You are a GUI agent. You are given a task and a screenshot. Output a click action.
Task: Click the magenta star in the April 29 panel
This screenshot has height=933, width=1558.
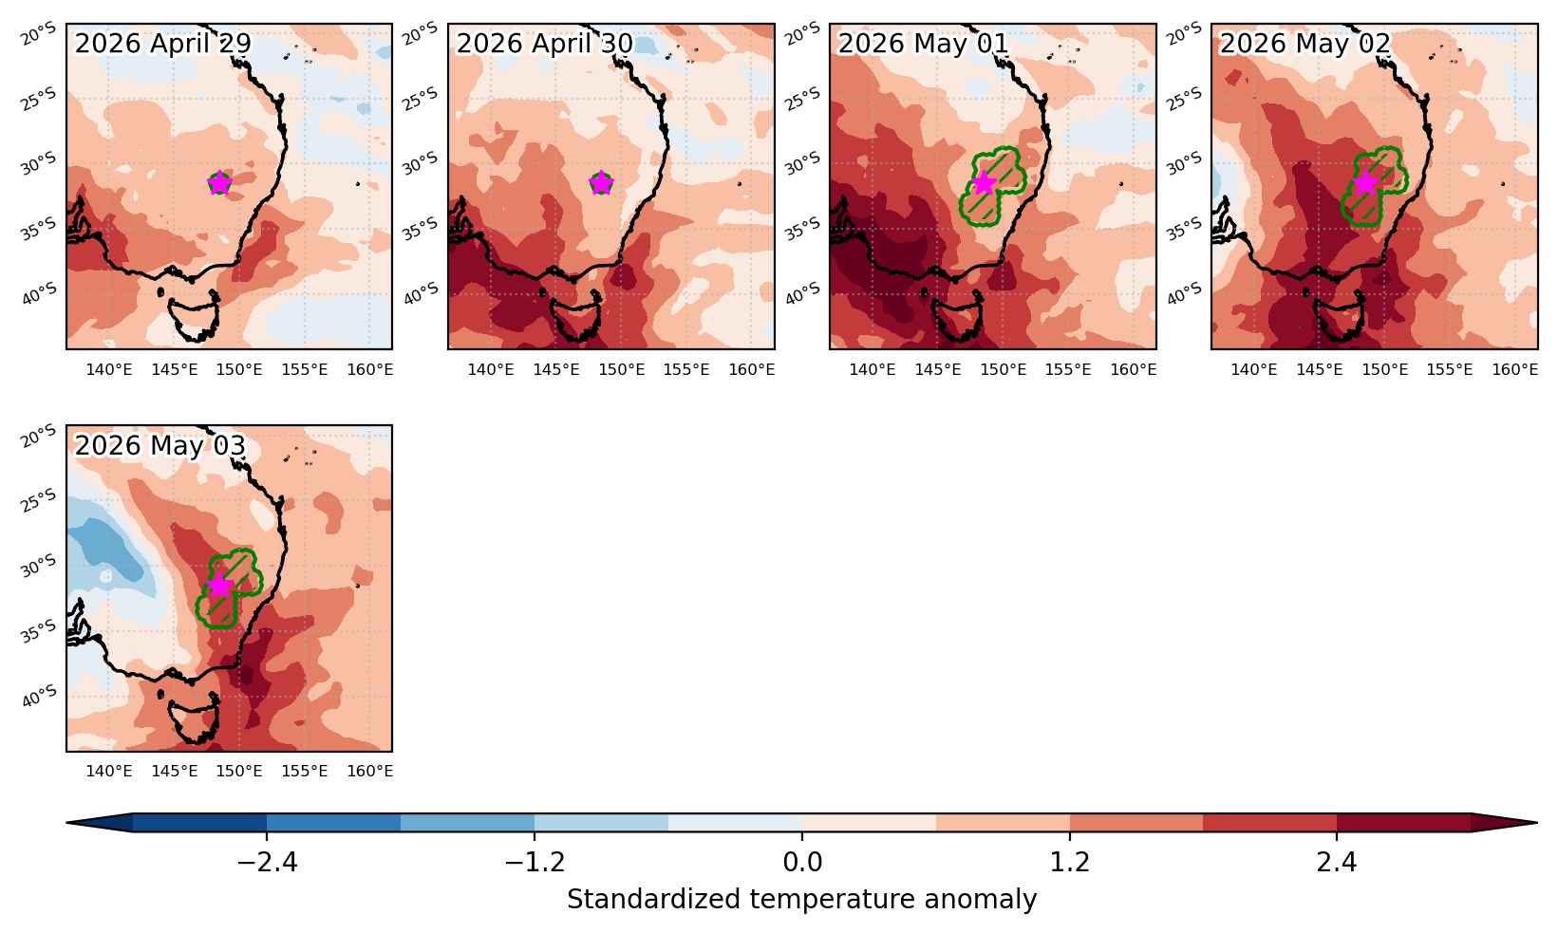pyautogui.click(x=219, y=183)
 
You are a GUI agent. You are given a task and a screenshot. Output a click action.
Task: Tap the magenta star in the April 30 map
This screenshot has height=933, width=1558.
pyautogui.click(x=601, y=183)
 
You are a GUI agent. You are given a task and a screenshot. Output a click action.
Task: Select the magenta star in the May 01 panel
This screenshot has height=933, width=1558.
pyautogui.click(x=983, y=183)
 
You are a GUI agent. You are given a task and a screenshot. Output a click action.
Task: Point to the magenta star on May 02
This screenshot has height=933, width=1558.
pyautogui.click(x=1365, y=183)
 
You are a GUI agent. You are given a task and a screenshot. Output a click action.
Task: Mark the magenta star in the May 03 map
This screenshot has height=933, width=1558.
pyautogui.click(x=219, y=586)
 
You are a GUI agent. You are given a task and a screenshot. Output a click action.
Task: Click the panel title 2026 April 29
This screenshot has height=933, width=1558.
pyautogui.click(x=162, y=44)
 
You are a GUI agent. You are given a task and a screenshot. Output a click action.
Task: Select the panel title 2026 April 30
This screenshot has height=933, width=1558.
pyautogui.click(x=545, y=44)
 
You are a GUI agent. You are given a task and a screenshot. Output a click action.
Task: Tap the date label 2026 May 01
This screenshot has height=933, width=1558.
pyautogui.click(x=923, y=44)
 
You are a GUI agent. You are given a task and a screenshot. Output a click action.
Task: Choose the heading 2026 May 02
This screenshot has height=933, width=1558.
pyautogui.click(x=1305, y=44)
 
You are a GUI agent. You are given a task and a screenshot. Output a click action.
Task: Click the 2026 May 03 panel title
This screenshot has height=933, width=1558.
pyautogui.click(x=160, y=446)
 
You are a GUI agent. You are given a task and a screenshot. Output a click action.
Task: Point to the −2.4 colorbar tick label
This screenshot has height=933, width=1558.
pyautogui.click(x=267, y=862)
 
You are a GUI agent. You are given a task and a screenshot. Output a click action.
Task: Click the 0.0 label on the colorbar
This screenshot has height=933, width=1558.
pyautogui.click(x=802, y=862)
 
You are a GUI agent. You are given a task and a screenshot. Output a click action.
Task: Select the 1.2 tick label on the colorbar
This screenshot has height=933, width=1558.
pyautogui.click(x=1069, y=862)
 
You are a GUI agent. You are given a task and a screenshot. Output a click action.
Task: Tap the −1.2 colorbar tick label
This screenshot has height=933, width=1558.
pyautogui.click(x=535, y=862)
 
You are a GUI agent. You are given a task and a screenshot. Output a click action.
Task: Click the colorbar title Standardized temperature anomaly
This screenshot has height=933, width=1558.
pyautogui.click(x=801, y=899)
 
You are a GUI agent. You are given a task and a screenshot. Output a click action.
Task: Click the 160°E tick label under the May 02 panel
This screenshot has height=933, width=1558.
pyautogui.click(x=1515, y=369)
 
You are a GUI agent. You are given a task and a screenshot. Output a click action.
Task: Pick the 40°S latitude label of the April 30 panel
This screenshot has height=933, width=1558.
pyautogui.click(x=422, y=292)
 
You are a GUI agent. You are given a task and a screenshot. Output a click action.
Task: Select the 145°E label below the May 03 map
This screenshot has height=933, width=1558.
pyautogui.click(x=174, y=771)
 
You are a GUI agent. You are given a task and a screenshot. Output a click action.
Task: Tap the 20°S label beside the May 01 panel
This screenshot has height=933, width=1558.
pyautogui.click(x=802, y=33)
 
